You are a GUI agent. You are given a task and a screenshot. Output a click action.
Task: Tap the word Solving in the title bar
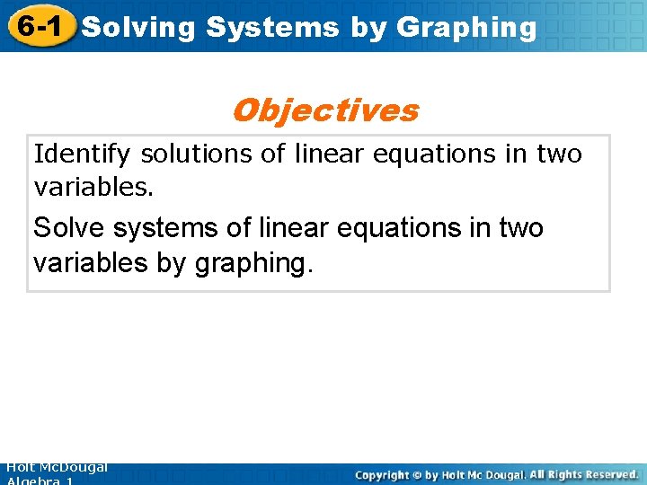tap(137, 27)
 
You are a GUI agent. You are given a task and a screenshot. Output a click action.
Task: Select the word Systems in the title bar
tap(272, 27)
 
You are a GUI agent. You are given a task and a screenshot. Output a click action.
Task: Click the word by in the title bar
tap(368, 27)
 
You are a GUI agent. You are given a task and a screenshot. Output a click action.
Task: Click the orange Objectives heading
tap(324, 110)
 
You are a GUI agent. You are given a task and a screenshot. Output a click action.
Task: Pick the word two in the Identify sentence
tap(559, 154)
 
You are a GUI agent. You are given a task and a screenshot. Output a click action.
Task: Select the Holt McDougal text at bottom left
tap(56, 468)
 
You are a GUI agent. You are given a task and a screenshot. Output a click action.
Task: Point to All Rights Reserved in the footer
tap(583, 474)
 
